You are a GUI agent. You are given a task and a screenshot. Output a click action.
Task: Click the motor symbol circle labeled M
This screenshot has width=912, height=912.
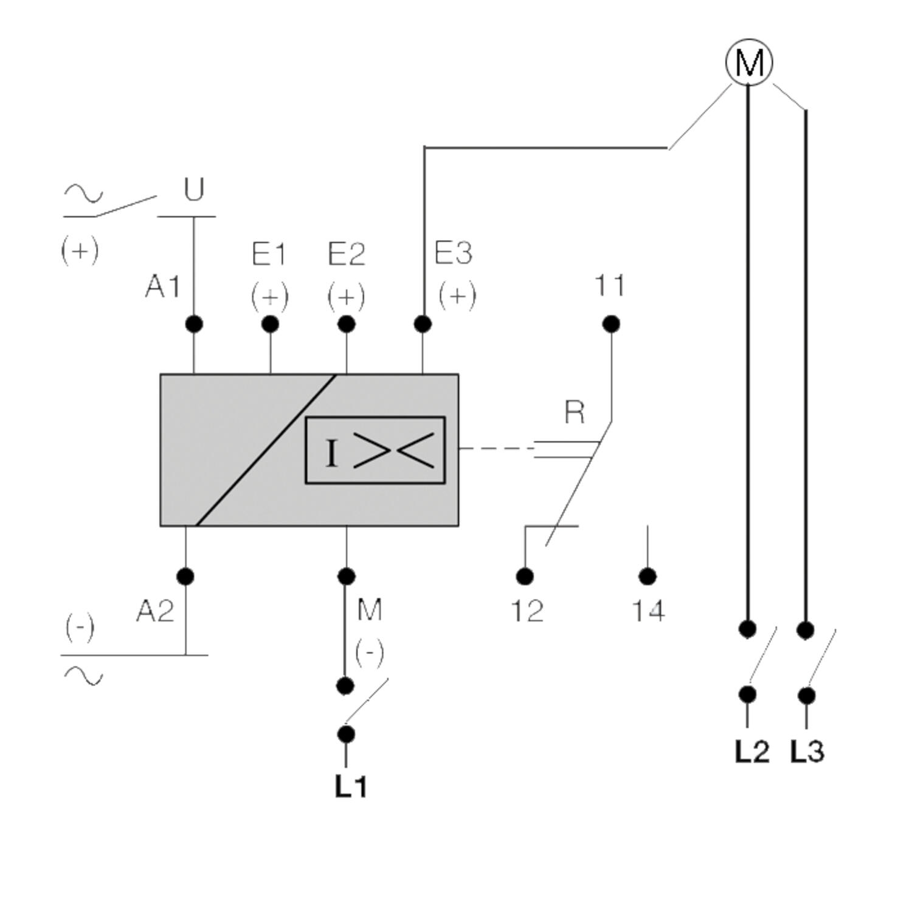pos(749,62)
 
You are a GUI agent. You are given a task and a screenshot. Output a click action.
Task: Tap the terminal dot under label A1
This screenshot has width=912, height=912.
pos(193,324)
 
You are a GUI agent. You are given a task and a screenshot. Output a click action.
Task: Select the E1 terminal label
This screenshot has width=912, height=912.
pos(269,254)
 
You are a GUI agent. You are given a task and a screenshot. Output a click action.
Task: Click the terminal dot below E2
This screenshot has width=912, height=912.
pos(346,324)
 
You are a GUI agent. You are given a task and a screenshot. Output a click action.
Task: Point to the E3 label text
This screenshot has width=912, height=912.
pos(454,253)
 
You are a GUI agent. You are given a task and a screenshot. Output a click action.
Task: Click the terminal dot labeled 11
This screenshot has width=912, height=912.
pos(611,324)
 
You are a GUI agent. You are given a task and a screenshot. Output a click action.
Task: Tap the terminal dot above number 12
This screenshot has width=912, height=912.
pos(524,576)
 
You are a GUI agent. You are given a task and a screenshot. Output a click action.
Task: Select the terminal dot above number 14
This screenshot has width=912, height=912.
pos(648,576)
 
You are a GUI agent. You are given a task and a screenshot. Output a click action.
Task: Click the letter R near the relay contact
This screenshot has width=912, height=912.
pos(575,413)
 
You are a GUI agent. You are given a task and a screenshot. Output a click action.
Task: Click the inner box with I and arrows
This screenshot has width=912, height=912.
pos(375,451)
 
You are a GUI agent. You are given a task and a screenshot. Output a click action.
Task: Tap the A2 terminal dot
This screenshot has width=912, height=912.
pos(185,576)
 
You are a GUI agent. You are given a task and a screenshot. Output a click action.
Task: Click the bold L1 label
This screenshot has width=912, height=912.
pos(351,787)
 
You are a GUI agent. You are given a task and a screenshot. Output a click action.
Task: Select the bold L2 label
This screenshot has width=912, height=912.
pos(752,752)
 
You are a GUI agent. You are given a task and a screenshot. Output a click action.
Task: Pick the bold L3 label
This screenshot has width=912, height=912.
pos(807,752)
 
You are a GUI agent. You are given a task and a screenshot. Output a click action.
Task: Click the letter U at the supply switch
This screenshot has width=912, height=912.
pos(193,190)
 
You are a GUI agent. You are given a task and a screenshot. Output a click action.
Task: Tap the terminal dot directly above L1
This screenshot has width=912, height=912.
pos(345,734)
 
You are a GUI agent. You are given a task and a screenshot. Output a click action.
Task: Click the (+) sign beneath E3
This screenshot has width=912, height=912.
pos(457,295)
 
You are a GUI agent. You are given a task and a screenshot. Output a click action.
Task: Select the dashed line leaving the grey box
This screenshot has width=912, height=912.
pos(496,448)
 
